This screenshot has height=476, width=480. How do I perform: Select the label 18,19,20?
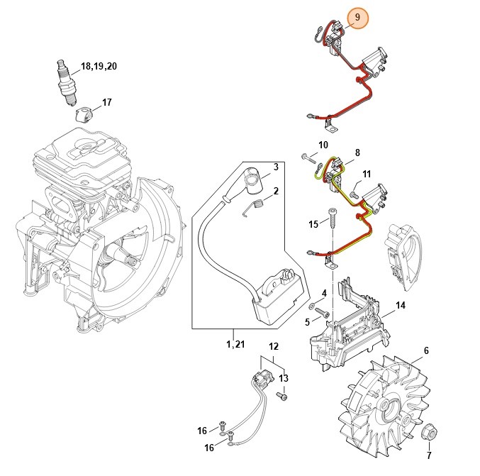click(99, 66)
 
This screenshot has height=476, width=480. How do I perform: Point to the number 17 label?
click(106, 103)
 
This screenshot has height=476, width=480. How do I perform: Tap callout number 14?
click(401, 306)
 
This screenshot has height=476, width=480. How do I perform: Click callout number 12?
click(274, 346)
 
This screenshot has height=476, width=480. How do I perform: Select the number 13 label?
click(283, 378)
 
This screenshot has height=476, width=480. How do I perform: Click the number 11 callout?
click(366, 174)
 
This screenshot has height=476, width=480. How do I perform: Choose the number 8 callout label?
click(357, 153)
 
